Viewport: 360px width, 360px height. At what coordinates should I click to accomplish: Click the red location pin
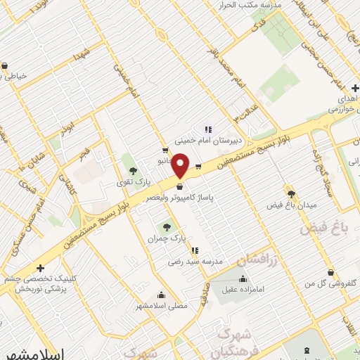tap(181, 166)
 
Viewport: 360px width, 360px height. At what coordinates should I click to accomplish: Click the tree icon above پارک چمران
tap(167, 227)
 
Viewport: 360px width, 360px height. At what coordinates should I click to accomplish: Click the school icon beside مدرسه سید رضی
tap(194, 250)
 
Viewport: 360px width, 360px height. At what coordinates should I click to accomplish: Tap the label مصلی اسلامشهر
tap(161, 307)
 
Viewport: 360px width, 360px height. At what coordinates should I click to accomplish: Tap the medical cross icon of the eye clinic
tap(41, 268)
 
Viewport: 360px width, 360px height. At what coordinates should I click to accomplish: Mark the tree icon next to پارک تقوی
tap(133, 171)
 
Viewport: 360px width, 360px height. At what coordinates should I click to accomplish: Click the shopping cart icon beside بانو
tap(165, 150)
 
